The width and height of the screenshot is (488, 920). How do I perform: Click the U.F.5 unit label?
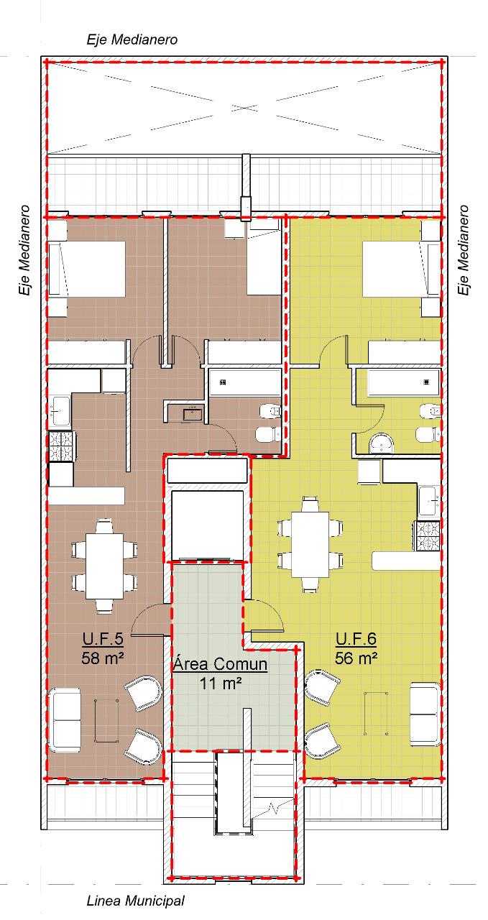103,638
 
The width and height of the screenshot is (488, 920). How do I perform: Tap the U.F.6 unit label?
356,638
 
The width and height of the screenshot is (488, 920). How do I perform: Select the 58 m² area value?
103,658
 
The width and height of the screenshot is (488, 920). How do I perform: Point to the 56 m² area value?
356,658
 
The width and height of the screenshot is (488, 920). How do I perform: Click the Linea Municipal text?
136,901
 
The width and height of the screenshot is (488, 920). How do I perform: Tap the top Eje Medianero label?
132,40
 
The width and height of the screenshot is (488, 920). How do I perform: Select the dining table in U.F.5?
105,566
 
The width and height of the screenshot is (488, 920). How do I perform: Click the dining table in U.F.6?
310,544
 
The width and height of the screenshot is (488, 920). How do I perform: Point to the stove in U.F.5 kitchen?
62,446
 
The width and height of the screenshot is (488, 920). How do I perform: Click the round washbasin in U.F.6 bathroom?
382,443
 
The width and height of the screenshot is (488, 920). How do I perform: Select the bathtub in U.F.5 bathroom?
245,382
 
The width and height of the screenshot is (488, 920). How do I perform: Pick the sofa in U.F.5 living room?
65,719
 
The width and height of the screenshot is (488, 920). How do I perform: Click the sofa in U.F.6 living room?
425,715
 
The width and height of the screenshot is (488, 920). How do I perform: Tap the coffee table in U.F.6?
376,714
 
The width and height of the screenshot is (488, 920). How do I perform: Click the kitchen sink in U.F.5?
60,410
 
